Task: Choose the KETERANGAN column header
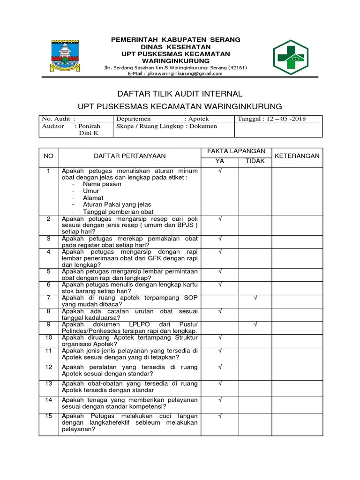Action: (x=297, y=156)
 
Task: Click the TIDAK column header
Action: (x=255, y=161)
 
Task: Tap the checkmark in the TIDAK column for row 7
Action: (x=255, y=298)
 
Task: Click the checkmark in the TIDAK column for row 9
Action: (x=255, y=324)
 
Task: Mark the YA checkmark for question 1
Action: (x=220, y=171)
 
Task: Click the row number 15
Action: (x=47, y=416)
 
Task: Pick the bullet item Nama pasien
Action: (x=102, y=184)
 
